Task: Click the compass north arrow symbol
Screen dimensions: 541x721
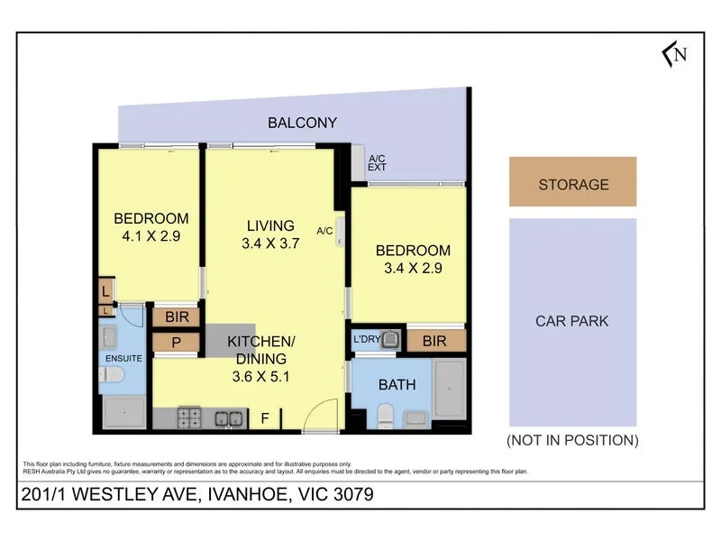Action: [x=674, y=54]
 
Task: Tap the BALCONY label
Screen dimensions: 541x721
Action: [x=302, y=123]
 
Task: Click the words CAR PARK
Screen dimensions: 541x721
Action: [x=571, y=320]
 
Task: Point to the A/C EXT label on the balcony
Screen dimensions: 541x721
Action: [x=377, y=163]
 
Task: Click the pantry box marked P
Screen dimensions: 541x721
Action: [x=177, y=343]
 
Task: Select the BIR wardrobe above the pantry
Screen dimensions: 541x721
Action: [x=177, y=316]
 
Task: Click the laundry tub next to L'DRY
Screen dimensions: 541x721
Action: [x=390, y=340]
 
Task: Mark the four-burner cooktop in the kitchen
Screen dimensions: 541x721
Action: [x=190, y=417]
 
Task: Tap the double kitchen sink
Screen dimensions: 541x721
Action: [x=229, y=417]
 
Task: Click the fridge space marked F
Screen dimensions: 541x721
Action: [x=265, y=418]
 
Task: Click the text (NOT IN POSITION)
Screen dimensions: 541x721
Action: [x=572, y=440]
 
